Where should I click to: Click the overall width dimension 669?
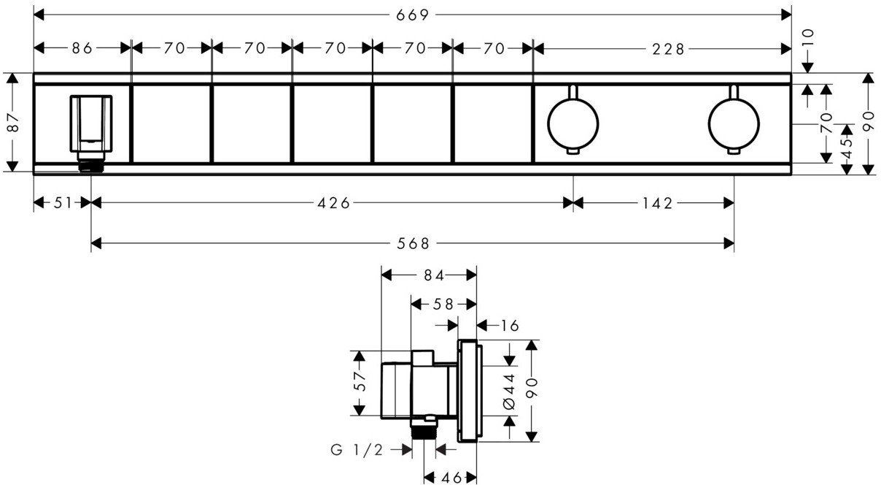tap(412, 15)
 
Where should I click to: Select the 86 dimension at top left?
tap(82, 48)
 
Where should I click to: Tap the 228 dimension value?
tap(668, 49)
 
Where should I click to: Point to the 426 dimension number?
tap(333, 203)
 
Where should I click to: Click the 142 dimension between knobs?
tap(658, 204)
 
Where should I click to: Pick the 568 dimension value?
tap(413, 244)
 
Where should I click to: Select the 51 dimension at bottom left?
tap(63, 203)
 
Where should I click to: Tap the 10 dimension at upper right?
tap(808, 38)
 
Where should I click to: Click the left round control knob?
tap(573, 123)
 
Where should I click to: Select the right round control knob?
tap(734, 123)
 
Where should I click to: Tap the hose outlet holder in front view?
tap(91, 133)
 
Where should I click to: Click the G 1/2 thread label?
tap(357, 449)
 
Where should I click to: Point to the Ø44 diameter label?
tap(509, 392)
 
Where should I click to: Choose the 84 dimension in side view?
tap(434, 276)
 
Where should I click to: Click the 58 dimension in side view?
tap(443, 304)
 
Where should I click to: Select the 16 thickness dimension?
tap(510, 326)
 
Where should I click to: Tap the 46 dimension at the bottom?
tap(451, 478)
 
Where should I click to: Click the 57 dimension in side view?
tap(360, 381)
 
